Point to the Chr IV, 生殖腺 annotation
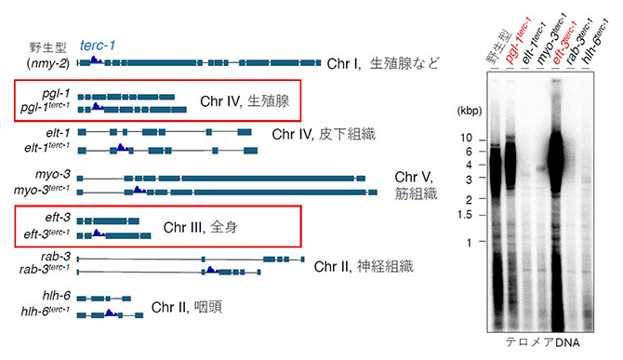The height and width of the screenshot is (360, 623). pyautogui.click(x=245, y=100)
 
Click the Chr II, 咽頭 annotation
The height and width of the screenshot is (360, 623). pyautogui.click(x=186, y=306)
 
